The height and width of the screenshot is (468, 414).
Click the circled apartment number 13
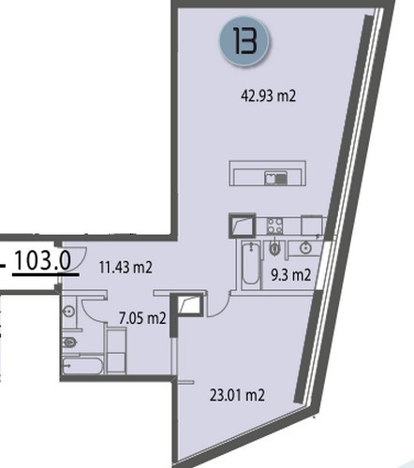click(244, 41)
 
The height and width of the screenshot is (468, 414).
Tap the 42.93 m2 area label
click(268, 95)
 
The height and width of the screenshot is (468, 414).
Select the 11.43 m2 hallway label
click(126, 268)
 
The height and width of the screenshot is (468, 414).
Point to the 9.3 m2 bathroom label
click(290, 275)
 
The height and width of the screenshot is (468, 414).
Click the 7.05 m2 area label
click(142, 318)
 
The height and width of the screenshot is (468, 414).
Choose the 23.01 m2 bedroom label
click(237, 395)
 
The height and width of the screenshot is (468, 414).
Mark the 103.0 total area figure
click(43, 260)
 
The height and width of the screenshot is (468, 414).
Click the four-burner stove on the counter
click(274, 226)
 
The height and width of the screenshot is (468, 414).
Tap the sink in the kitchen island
click(275, 178)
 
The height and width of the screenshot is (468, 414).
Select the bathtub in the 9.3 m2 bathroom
click(251, 264)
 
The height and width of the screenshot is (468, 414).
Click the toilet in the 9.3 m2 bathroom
click(274, 247)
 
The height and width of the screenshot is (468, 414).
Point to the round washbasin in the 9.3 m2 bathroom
click(305, 248)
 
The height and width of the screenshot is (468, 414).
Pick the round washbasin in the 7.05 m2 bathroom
click(68, 311)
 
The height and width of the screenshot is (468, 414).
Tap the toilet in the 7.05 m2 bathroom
click(69, 343)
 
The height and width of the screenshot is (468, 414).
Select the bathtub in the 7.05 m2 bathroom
click(82, 365)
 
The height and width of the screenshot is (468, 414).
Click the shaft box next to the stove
click(243, 226)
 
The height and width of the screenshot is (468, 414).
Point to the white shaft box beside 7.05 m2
click(188, 304)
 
